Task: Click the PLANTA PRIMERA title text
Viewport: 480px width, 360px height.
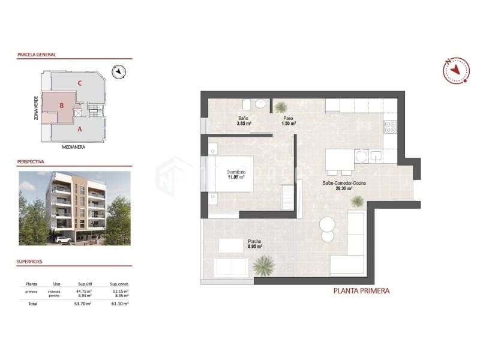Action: (x=361, y=291)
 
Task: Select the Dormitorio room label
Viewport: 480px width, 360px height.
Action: (x=235, y=175)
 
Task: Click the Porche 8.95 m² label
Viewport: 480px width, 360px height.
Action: (x=255, y=244)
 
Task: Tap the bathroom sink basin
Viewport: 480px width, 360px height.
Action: (x=260, y=104)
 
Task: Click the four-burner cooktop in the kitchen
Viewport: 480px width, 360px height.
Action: (x=390, y=127)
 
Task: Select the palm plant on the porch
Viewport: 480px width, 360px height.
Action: (x=263, y=265)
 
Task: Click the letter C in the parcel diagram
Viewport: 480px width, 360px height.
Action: (x=80, y=83)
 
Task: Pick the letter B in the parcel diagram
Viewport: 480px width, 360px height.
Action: (x=61, y=106)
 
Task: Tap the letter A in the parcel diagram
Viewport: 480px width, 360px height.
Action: (x=80, y=128)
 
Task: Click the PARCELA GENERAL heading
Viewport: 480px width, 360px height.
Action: (x=37, y=55)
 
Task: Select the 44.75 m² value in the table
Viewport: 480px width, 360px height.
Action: (x=84, y=291)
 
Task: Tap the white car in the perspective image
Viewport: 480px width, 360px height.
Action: (x=62, y=239)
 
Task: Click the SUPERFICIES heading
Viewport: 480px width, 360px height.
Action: (x=34, y=262)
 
